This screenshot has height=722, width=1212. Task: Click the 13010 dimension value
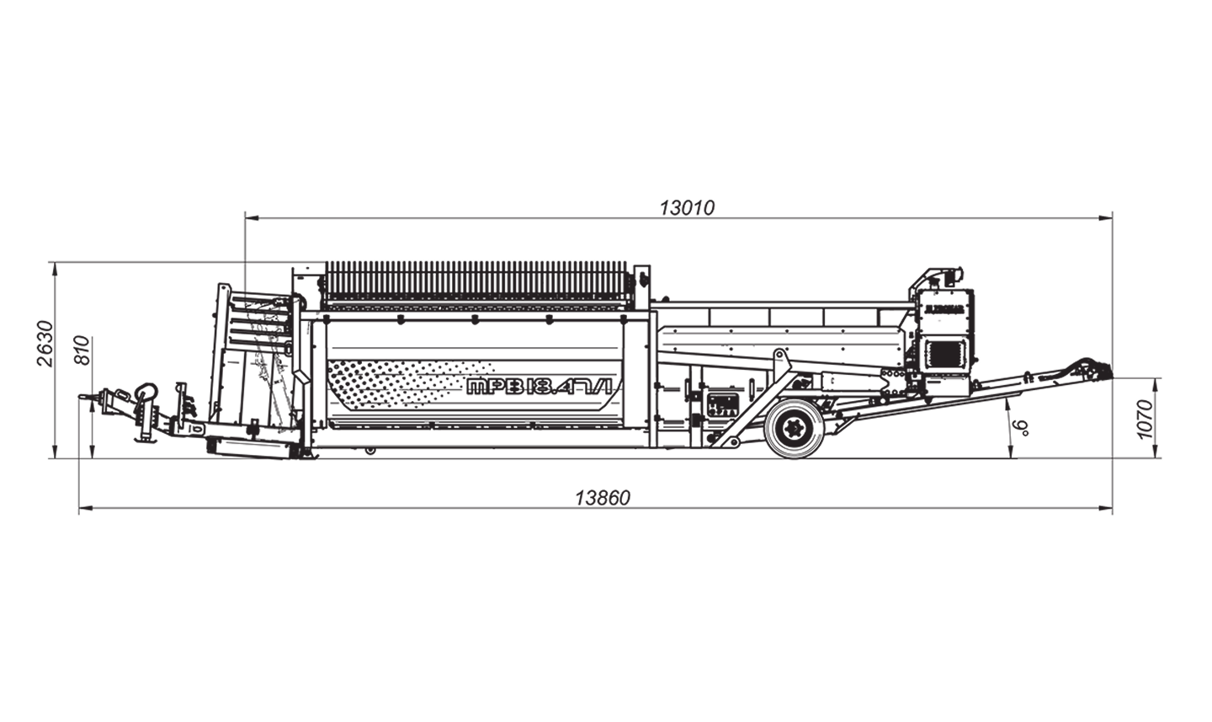[686, 207]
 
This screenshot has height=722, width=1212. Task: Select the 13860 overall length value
[602, 498]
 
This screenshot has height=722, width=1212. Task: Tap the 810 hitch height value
[82, 350]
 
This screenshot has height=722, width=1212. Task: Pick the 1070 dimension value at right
[1143, 419]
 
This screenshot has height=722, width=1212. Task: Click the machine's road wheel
[795, 429]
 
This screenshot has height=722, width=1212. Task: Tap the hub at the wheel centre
[795, 429]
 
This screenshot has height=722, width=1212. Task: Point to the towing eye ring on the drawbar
[146, 392]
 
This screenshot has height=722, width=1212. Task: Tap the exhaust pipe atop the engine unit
[954, 275]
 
